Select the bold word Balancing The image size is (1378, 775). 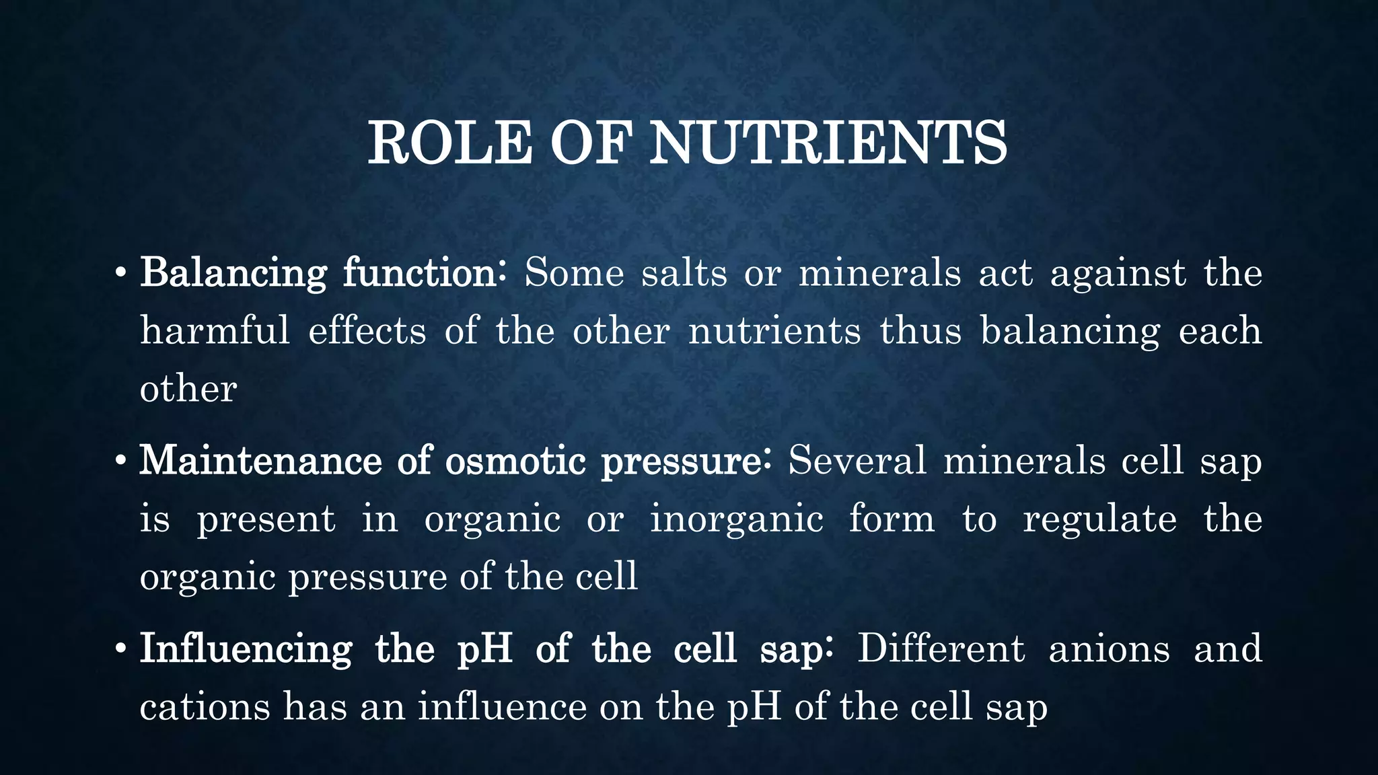coord(233,274)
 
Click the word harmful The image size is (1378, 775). coord(215,330)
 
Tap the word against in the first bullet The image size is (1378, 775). coord(1118,274)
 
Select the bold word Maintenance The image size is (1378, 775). coord(260,461)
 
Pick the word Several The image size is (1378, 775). coord(857,461)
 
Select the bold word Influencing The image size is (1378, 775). coord(246,649)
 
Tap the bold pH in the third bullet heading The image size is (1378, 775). coord(484,649)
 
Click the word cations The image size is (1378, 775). coord(205,707)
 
